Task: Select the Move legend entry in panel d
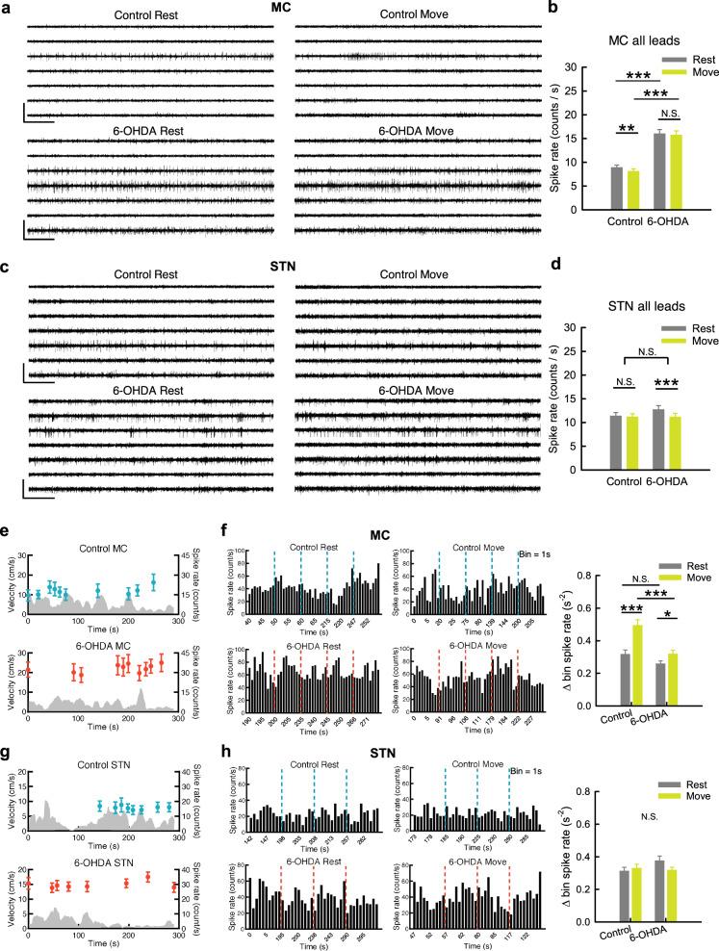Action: (689, 344)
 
